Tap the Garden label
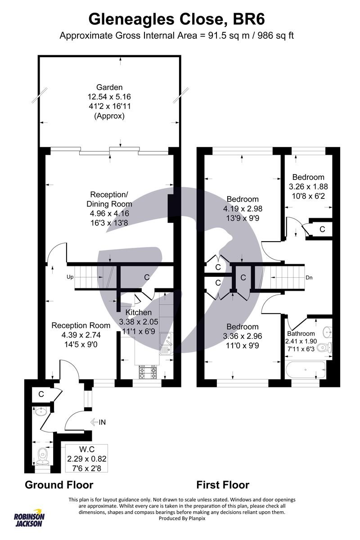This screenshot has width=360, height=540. pos(109,87)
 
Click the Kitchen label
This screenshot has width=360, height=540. pos(139,312)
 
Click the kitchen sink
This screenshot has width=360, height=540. pos(166,346)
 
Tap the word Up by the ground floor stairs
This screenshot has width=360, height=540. pos(70,277)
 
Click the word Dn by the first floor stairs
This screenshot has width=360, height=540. pos(309,278)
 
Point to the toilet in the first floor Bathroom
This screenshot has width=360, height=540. pos(330,346)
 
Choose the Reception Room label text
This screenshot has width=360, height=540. pos(81,325)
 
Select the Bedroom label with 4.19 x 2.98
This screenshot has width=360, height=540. pos(243,199)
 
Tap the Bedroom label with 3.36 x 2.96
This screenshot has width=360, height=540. pos(243,327)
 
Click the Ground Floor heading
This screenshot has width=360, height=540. pos(59,485)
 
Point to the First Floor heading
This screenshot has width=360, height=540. pos(223,485)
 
